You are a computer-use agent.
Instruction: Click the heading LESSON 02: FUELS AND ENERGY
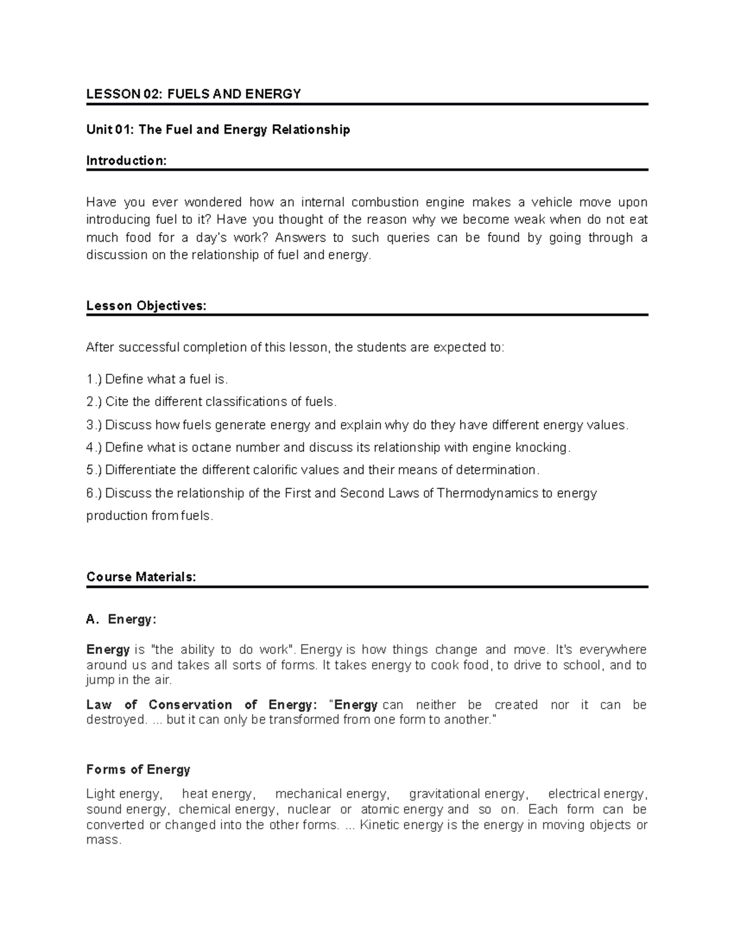coord(193,94)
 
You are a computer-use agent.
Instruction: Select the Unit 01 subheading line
coord(218,130)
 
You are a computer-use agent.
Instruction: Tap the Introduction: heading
coord(126,160)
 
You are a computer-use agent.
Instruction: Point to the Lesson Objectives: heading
coord(146,306)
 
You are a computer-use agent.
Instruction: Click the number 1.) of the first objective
coord(94,379)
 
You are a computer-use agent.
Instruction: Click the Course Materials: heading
coord(141,577)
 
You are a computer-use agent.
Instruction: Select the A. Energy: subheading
coord(121,619)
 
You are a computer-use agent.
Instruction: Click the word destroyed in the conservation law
coord(116,720)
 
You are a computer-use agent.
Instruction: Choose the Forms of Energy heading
coord(138,770)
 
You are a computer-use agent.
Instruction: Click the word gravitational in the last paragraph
coord(445,794)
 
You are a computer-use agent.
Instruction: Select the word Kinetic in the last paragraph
coord(379,825)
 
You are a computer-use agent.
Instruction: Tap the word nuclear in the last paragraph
coord(309,809)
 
